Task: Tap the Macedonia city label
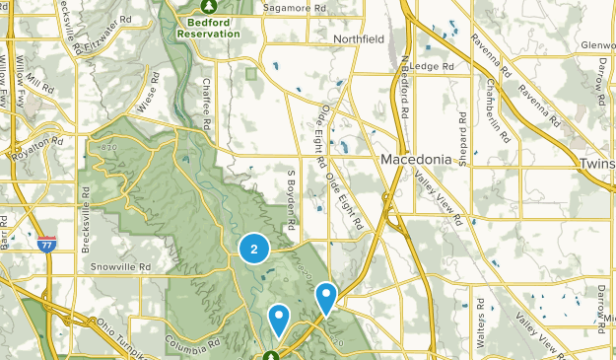pos(415,158)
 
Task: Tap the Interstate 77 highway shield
pos(46,242)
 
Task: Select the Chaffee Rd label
pos(206,104)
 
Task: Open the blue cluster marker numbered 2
pos(254,250)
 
